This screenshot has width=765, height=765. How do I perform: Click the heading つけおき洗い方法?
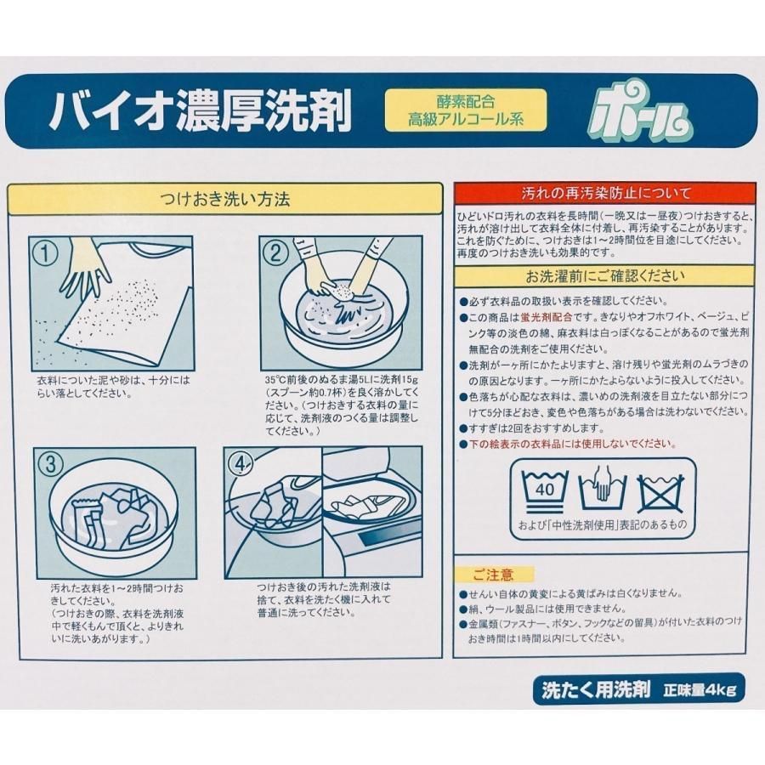(225, 201)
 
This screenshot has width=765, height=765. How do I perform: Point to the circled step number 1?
(44, 252)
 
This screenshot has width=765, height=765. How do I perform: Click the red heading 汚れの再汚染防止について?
(604, 194)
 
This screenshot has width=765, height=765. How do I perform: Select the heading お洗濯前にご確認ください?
(604, 276)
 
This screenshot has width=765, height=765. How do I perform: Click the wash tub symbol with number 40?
(544, 487)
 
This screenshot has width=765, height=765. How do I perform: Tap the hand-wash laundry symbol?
(602, 487)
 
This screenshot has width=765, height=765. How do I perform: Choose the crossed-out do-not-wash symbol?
(660, 487)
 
